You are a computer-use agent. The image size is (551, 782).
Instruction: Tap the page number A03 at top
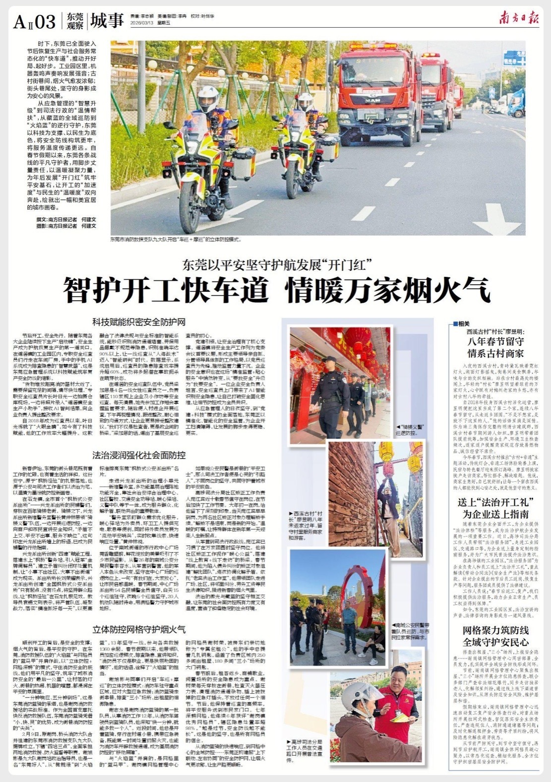[x=35, y=22]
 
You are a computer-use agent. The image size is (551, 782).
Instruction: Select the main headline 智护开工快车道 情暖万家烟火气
[x=276, y=290]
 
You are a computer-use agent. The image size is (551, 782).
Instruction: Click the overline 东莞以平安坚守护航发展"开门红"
[x=276, y=263]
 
